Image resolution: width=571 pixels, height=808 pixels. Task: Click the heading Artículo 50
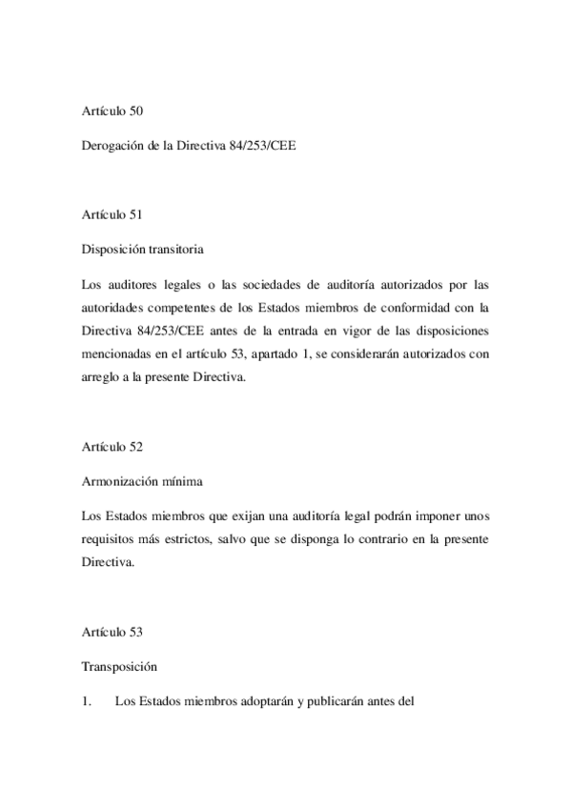[x=112, y=112]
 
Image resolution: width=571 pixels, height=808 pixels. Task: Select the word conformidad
[x=438, y=306]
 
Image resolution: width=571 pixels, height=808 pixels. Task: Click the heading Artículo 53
[x=112, y=630]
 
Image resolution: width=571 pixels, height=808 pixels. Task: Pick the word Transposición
[x=119, y=667]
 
